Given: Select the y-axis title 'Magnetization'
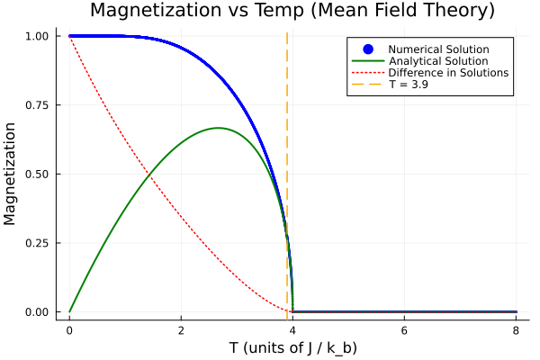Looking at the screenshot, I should pos(12,174).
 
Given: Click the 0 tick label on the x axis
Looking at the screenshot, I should pos(69,329).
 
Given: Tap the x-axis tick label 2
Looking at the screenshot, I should pos(181,329).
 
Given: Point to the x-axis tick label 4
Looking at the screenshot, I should pos(292,329).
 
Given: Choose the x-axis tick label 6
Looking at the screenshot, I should pos(404,329).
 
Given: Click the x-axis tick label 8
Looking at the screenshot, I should pos(516,329).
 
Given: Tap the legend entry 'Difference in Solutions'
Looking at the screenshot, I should pos(448,72).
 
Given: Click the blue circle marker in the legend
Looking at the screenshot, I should pos(367,49).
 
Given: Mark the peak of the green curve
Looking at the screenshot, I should pos(218,128).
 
